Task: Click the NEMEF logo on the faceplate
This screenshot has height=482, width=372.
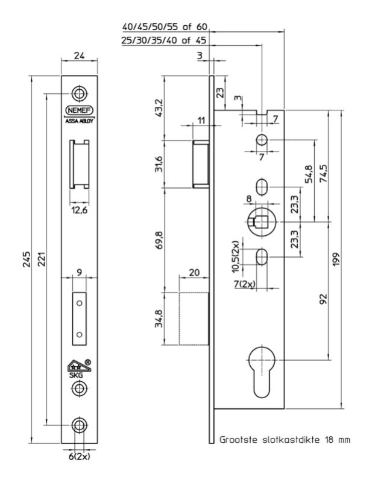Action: click(78, 110)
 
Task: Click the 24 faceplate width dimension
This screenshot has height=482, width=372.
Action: click(78, 56)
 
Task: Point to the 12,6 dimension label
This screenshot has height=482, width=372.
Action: click(78, 211)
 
